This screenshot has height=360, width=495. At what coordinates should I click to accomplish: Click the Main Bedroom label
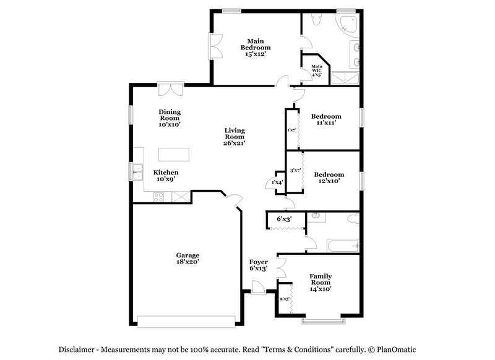[x=256, y=48]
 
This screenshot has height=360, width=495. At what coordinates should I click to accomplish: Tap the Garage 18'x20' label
[x=187, y=258]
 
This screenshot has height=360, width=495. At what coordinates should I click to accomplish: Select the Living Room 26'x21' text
[x=235, y=137]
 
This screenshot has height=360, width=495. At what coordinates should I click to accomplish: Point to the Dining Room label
[x=170, y=118]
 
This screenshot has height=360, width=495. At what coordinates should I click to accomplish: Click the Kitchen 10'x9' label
[x=166, y=176]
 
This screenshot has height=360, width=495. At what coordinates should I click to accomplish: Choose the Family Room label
[x=321, y=282]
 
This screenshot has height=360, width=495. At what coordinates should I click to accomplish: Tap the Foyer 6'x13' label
[x=258, y=265]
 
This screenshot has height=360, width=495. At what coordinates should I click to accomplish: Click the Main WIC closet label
[x=317, y=71]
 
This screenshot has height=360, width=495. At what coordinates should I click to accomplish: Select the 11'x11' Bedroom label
[x=326, y=119]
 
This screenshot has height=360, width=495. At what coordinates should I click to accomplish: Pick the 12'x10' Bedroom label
[x=329, y=178]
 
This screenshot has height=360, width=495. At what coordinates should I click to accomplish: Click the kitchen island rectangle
[x=174, y=154]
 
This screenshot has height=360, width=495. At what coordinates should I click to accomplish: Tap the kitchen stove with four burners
[x=158, y=198]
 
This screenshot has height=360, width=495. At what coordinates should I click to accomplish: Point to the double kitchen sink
[x=136, y=171]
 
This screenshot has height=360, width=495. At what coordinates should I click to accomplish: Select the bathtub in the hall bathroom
[x=343, y=246]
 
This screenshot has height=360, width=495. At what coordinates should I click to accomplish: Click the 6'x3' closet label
[x=284, y=219]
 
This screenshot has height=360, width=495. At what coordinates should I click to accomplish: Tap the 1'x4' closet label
[x=277, y=182]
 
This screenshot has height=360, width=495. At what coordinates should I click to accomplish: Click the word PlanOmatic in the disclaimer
[x=412, y=349]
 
